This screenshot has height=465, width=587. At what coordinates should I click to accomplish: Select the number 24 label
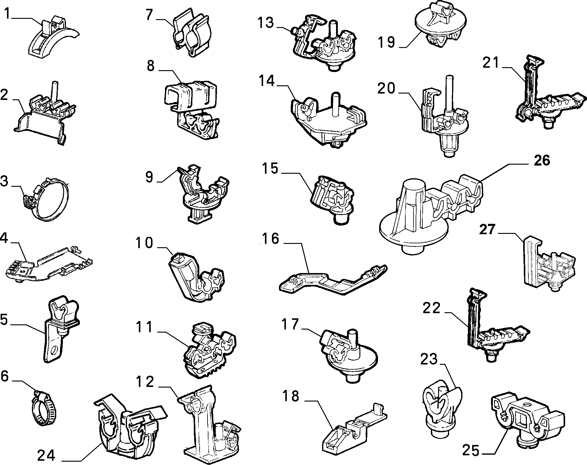click(46, 455)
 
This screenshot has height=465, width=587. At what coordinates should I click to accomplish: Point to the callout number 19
click(386, 42)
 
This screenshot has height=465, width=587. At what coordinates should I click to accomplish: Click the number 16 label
click(270, 239)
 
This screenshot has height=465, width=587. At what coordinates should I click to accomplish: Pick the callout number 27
click(488, 229)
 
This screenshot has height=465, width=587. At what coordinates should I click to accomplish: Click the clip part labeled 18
click(354, 430)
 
